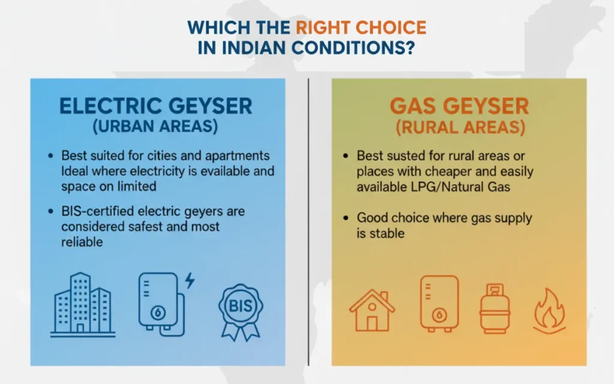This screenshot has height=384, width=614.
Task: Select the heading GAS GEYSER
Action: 459,106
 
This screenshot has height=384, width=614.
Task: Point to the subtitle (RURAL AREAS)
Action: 459,128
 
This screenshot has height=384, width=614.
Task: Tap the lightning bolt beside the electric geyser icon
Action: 189,280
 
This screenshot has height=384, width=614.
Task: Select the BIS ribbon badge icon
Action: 240,311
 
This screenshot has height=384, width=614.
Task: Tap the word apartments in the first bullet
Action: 240,156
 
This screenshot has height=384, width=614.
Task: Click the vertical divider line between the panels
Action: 308,222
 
